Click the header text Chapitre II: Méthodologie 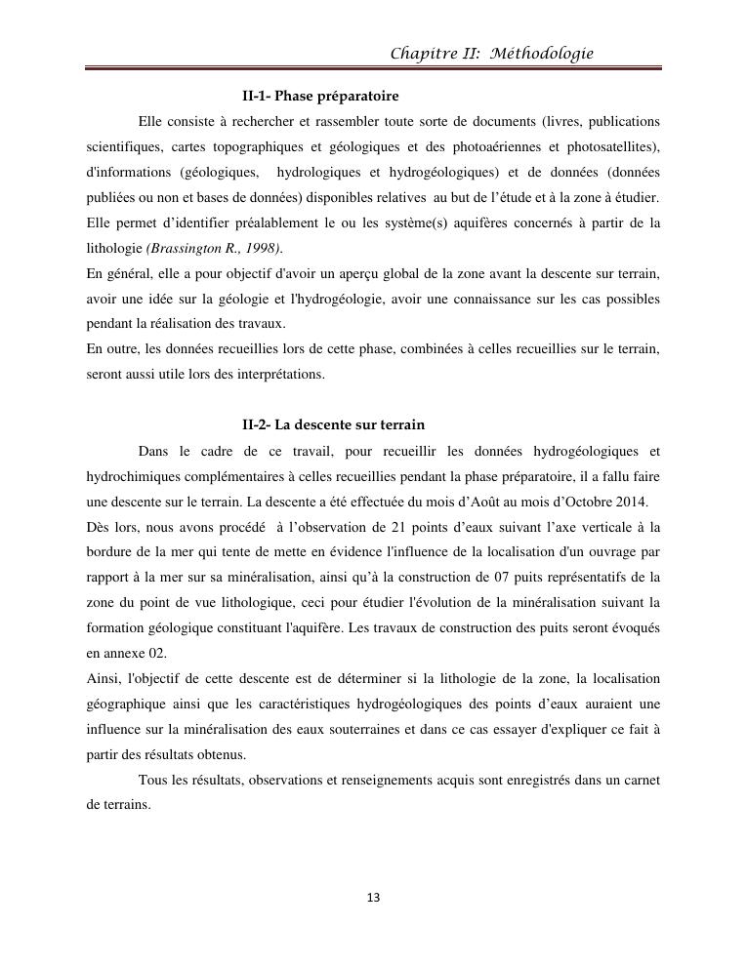pyautogui.click(x=491, y=54)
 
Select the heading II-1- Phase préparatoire pyautogui.click(x=320, y=97)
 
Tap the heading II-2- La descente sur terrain pyautogui.click(x=333, y=425)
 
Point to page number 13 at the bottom pyautogui.click(x=373, y=898)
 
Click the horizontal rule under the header pyautogui.click(x=373, y=69)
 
